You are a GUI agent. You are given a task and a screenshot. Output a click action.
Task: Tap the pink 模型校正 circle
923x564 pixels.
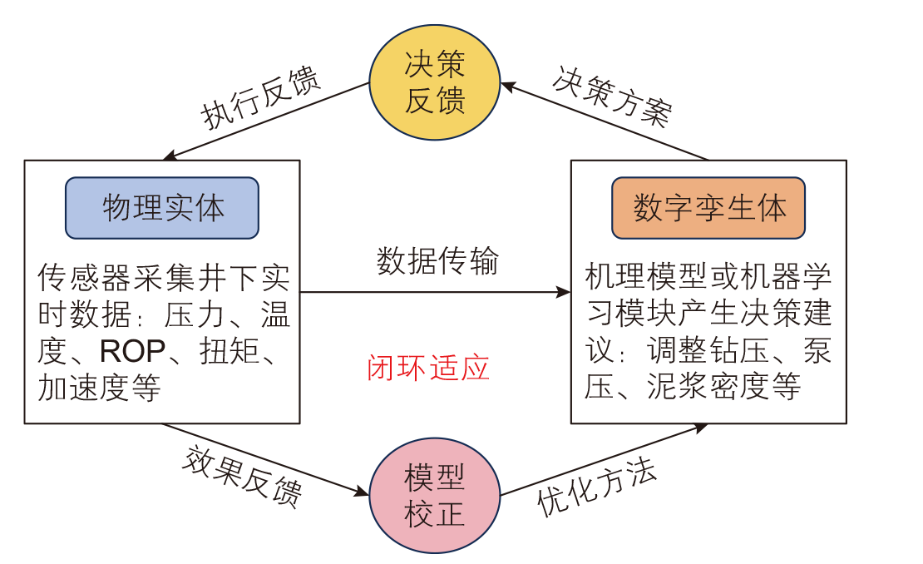coord(434,496)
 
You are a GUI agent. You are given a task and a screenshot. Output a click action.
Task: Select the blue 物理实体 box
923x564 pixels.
coord(162,208)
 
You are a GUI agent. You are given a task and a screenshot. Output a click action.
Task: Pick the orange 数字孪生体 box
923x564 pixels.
coord(708,208)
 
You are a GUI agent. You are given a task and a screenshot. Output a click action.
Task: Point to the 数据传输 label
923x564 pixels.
coord(437,260)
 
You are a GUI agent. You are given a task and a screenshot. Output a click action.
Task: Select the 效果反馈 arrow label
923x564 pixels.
coord(241,477)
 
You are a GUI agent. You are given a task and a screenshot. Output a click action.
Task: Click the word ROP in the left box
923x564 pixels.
coord(132,352)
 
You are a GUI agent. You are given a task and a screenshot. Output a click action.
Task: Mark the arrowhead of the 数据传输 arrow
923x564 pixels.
coord(565,292)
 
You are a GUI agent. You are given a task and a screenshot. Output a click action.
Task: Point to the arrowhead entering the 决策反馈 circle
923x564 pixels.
coord(506,85)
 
